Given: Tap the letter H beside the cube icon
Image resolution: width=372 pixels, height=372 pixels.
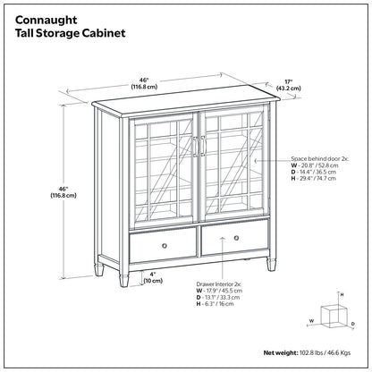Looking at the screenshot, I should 341,293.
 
